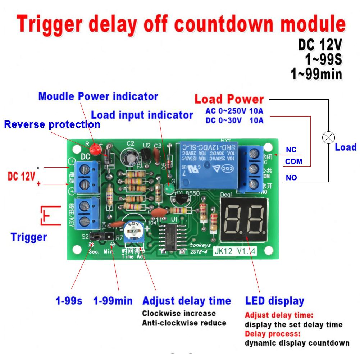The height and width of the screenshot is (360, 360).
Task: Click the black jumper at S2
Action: tap(99, 236)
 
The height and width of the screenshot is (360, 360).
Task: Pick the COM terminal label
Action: tap(293, 162)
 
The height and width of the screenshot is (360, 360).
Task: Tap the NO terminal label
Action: tap(291, 177)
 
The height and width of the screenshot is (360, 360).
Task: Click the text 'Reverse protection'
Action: tap(52, 125)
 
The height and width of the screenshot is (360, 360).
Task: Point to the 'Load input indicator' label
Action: tap(142, 115)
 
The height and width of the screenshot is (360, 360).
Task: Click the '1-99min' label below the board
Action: tap(113, 301)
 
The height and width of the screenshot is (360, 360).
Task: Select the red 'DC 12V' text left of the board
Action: tap(22, 177)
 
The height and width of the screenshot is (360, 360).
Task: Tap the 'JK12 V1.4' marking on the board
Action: tap(234, 251)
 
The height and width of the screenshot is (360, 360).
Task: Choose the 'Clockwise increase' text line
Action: tap(179, 313)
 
